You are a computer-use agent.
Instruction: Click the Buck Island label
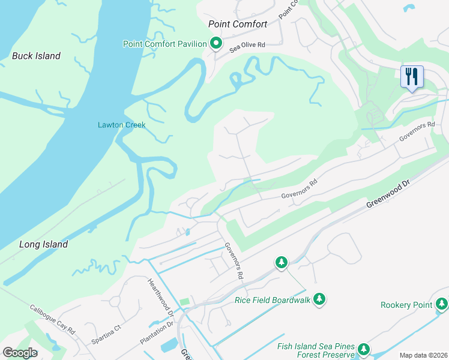click(x=36, y=56)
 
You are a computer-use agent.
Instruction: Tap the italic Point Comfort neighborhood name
click(x=237, y=25)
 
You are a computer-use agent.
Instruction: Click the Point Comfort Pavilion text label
click(x=164, y=44)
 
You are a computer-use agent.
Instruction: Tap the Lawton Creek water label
click(x=122, y=125)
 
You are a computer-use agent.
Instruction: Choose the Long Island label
click(x=43, y=244)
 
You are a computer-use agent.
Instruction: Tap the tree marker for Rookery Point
click(x=441, y=305)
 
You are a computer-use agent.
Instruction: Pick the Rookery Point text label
click(x=406, y=305)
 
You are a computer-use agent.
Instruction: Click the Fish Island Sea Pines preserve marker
click(x=363, y=349)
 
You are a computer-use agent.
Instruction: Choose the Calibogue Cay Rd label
click(x=53, y=320)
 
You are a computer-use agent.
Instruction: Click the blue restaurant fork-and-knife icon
click(x=412, y=77)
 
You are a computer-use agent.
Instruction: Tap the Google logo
click(x=20, y=352)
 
